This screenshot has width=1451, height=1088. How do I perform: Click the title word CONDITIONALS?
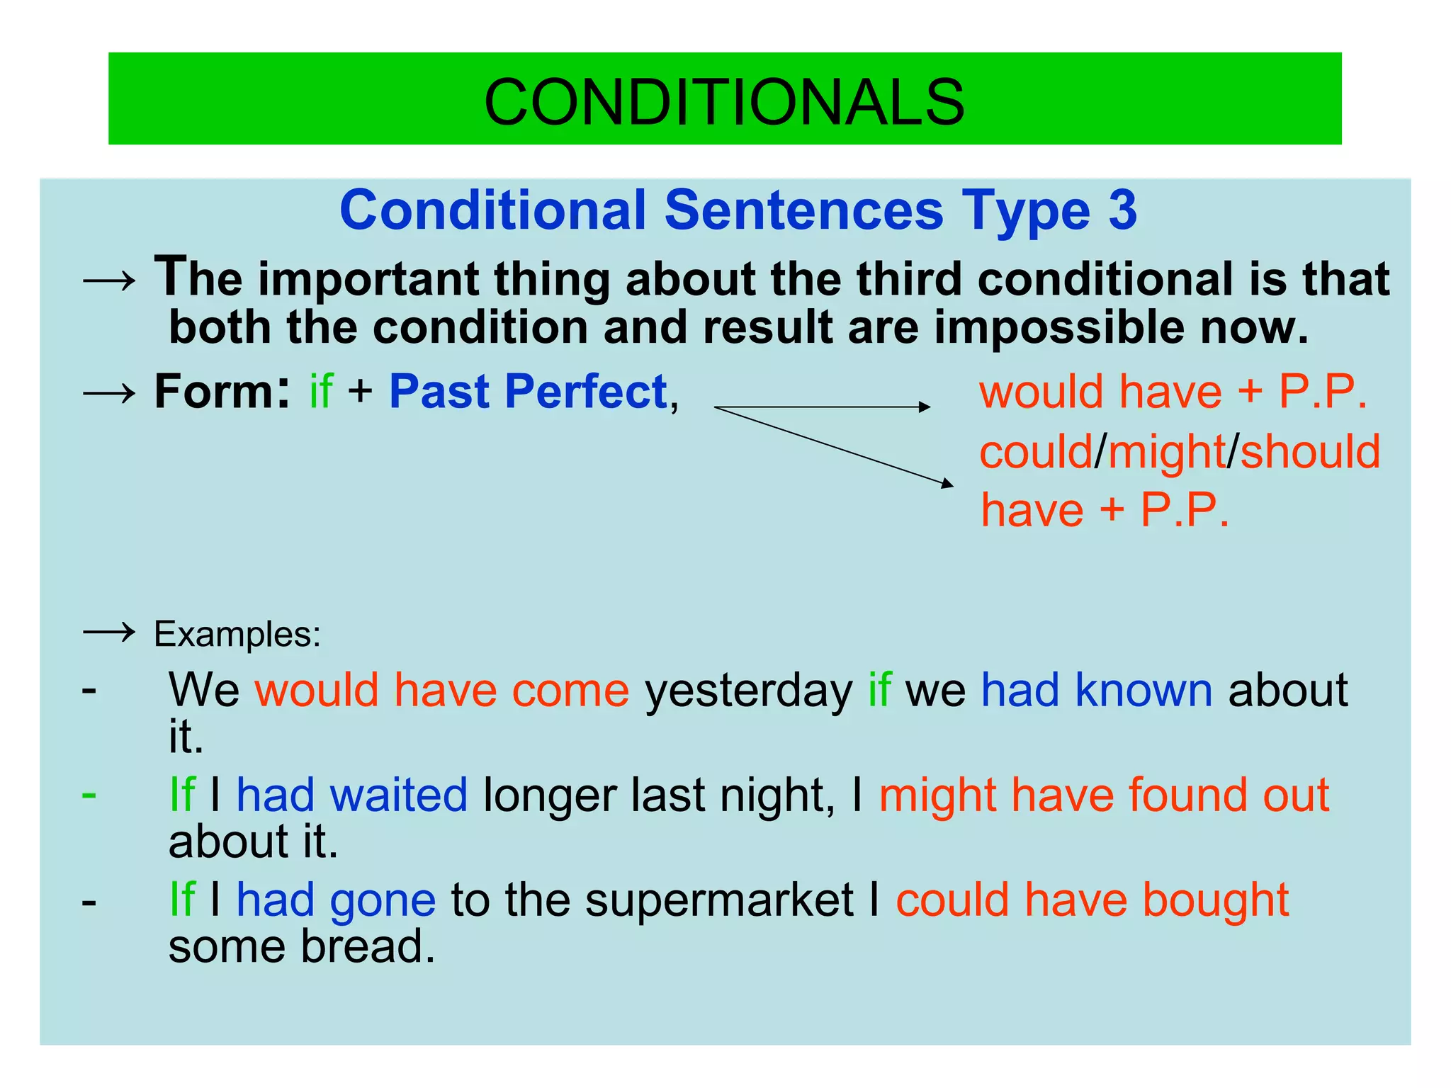(x=723, y=102)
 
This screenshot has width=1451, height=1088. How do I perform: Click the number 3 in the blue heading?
(x=1122, y=210)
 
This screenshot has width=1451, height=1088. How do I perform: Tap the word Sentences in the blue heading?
(x=803, y=210)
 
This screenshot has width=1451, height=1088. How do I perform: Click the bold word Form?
(x=221, y=392)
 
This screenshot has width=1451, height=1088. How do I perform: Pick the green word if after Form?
(x=321, y=392)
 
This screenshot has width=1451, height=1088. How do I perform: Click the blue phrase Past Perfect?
(x=528, y=392)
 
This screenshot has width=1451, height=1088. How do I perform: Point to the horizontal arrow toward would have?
(x=822, y=407)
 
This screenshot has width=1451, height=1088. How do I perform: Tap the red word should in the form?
(x=1310, y=452)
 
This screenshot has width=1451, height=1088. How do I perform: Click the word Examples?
(x=237, y=634)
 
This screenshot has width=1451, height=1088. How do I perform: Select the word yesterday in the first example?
(x=748, y=691)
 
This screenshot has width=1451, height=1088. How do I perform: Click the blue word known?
(x=1143, y=691)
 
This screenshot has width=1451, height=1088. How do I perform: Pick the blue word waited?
(x=398, y=795)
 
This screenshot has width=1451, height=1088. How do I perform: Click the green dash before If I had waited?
(x=89, y=794)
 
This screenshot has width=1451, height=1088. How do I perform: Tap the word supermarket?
(x=719, y=900)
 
